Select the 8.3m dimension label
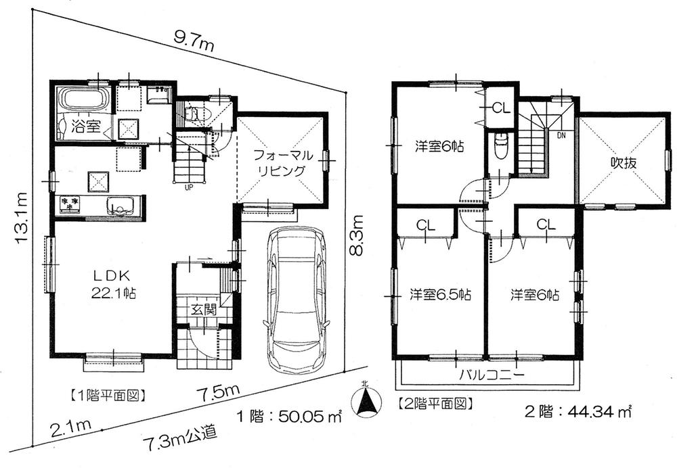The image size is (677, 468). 357,235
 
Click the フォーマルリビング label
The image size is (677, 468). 280,162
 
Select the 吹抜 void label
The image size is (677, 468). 624,162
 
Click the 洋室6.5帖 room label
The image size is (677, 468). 441,295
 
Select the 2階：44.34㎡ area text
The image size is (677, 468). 578,410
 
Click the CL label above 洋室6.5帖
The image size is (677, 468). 425,224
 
